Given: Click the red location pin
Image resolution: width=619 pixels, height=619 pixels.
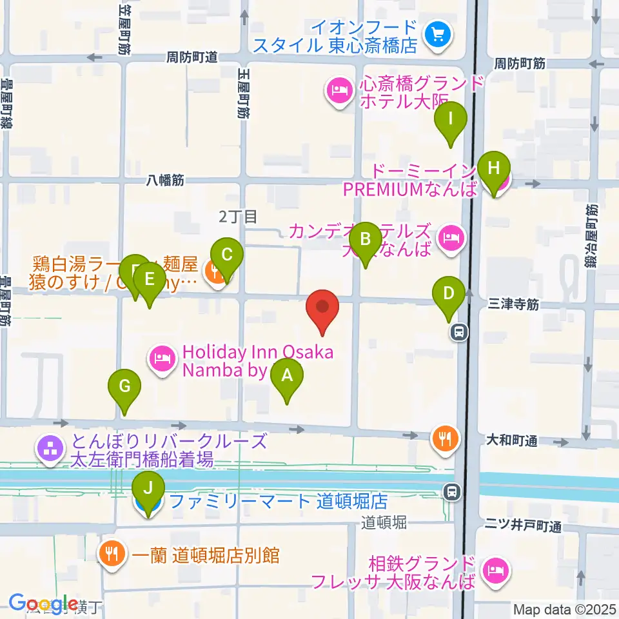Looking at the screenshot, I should click(x=322, y=312).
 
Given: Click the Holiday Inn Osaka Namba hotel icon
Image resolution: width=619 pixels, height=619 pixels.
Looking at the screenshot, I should click(x=162, y=357).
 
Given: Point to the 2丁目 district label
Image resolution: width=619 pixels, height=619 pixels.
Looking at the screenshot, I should click(x=238, y=217).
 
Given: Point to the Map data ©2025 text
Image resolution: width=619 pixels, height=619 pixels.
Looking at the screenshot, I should click(x=565, y=609).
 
